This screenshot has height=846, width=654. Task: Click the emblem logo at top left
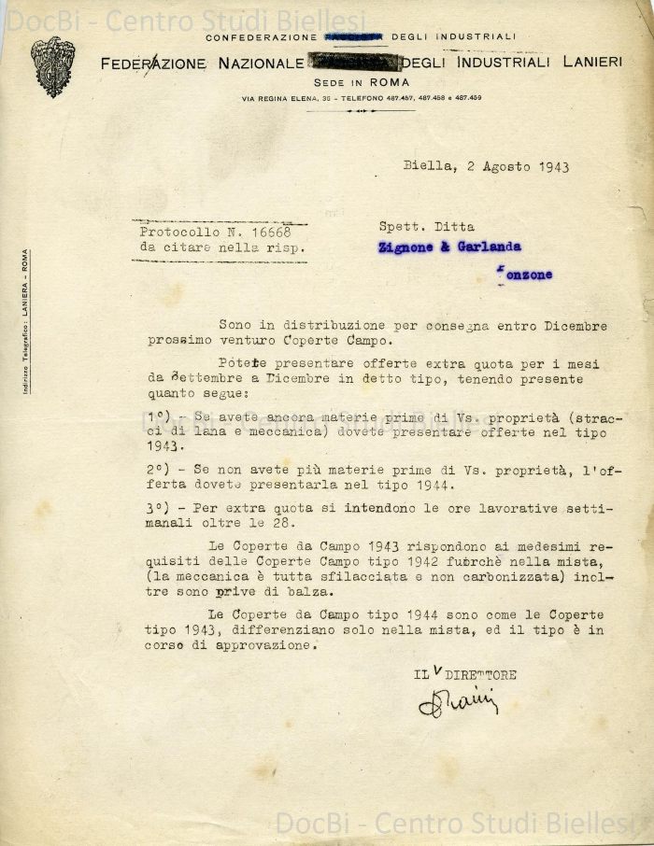(x=52, y=66)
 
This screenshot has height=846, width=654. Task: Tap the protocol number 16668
(x=270, y=232)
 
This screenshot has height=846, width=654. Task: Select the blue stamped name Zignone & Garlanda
(x=449, y=247)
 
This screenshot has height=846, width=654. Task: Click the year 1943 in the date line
(x=553, y=167)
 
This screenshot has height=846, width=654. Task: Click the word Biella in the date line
(x=426, y=167)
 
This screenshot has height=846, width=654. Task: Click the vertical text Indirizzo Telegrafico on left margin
(x=25, y=322)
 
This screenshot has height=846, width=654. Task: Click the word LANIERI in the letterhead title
(x=592, y=63)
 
